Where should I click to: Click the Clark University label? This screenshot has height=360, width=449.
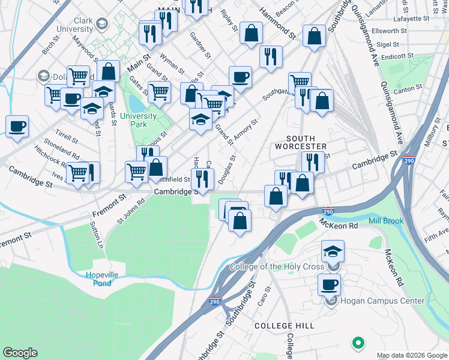[x=84, y=25]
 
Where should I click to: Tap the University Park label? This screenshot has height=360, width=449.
[x=139, y=120]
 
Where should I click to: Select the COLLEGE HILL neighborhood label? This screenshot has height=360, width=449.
[x=276, y=325]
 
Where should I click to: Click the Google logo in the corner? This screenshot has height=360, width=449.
[x=20, y=353]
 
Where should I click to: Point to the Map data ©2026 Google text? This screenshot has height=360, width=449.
[x=411, y=355]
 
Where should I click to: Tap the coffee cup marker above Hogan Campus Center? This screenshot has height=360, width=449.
[x=329, y=284]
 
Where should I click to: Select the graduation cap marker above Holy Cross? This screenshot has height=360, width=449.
[x=333, y=251]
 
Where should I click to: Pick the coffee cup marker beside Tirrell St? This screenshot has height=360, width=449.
[x=17, y=126]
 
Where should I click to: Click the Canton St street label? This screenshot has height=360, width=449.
[x=408, y=89]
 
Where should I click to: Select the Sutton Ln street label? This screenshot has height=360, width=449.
[x=97, y=235]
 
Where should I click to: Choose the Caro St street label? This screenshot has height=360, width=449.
[x=264, y=295]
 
